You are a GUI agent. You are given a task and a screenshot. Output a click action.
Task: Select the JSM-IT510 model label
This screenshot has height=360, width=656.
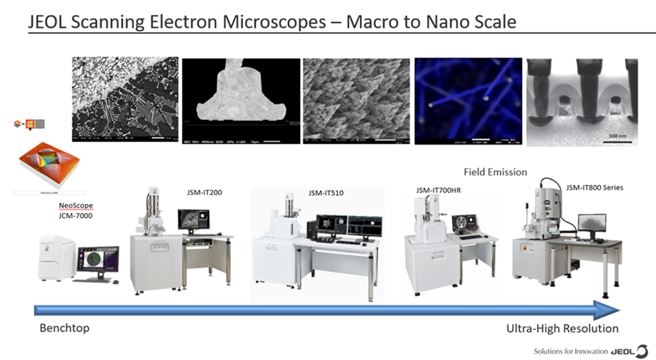[326, 193]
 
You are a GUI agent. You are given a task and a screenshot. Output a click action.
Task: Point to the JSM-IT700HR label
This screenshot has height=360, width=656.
[438, 190]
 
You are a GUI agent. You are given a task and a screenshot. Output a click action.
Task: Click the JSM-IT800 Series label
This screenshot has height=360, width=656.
[594, 188]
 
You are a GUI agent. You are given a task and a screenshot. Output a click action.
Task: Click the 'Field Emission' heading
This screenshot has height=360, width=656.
[495, 172]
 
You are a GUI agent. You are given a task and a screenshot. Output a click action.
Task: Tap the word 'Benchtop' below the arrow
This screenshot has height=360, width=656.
[64, 328]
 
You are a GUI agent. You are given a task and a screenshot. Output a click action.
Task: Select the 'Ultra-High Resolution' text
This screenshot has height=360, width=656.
[562, 328]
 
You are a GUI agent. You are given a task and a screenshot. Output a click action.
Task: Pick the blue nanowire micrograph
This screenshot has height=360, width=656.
[468, 101]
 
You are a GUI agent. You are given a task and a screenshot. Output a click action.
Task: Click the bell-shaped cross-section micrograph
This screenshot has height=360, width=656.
[241, 101]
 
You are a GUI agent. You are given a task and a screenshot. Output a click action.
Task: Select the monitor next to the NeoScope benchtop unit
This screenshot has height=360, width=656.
[98, 260]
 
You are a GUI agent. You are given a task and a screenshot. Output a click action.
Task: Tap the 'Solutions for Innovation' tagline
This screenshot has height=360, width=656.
[570, 351]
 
